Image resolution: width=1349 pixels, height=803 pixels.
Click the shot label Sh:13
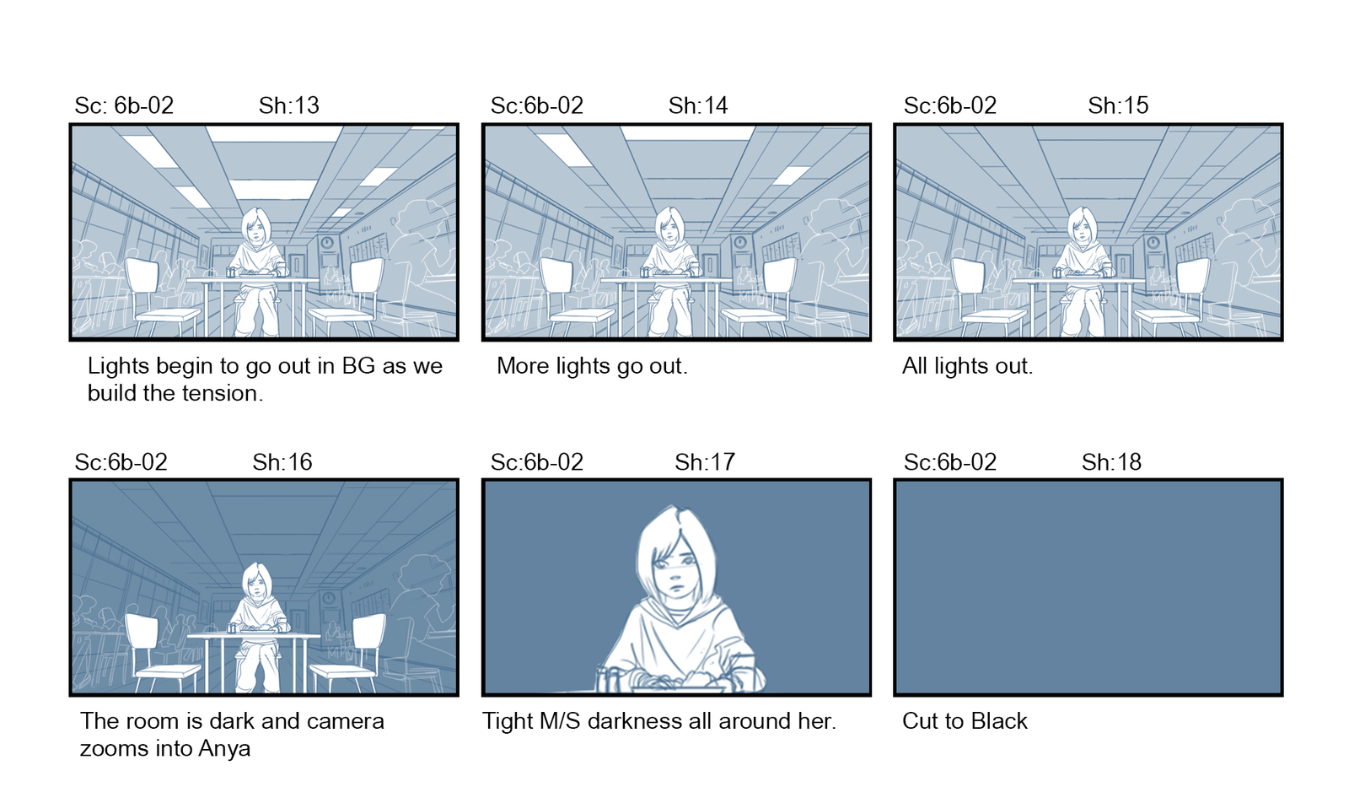coord(289,105)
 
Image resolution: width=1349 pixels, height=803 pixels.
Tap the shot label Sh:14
coord(698,105)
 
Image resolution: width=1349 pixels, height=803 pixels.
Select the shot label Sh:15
coord(1118,105)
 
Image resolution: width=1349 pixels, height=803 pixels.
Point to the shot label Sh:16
coord(282,462)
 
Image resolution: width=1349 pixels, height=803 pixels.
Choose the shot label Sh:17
coord(705,462)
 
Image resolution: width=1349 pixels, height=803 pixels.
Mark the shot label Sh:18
coord(1111,462)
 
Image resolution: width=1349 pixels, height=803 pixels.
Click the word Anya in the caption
coord(224,749)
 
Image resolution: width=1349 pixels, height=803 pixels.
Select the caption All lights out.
coord(967,366)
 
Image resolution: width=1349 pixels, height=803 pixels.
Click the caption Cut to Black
coord(965,721)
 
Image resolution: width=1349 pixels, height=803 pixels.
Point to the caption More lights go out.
coord(592,366)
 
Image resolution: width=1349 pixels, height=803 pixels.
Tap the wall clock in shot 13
coord(327,243)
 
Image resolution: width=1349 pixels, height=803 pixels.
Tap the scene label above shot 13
coord(124,105)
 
